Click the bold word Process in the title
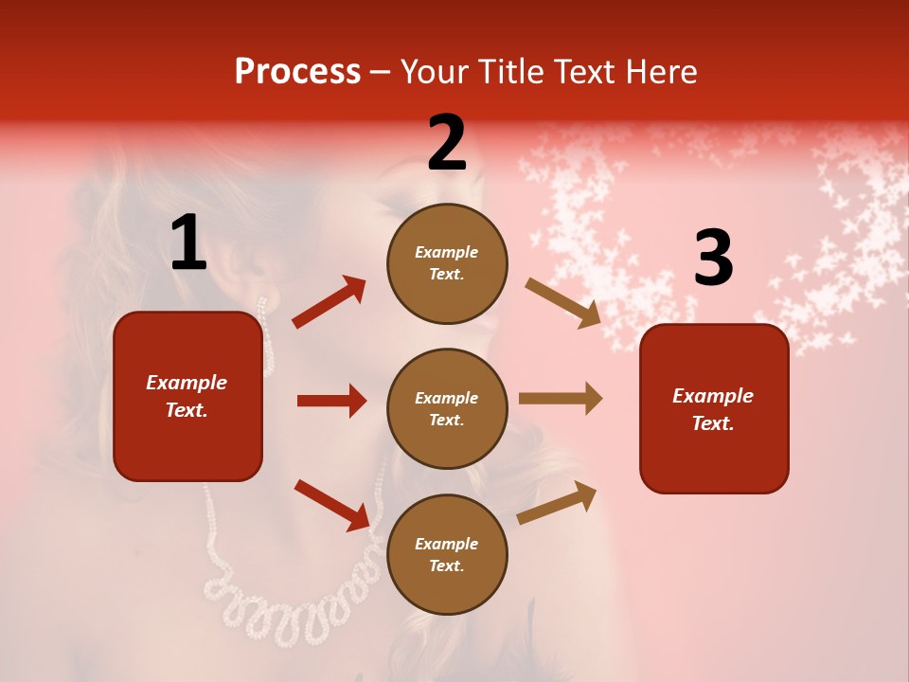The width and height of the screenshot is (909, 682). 297,72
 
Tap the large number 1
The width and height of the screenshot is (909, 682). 188,243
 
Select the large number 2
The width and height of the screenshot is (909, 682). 447,143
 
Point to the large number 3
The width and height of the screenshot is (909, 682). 713,258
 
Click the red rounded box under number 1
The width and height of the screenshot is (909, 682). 187,396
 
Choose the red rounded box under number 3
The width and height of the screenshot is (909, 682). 714,408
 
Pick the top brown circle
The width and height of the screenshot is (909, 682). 447,263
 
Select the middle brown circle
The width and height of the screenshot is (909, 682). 447,408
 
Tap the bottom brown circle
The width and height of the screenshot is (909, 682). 447,554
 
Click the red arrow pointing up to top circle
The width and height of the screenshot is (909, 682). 329,302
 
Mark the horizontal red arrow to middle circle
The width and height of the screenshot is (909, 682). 331,401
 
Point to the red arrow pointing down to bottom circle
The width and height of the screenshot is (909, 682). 331,505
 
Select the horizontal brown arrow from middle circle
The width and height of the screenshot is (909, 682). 561,399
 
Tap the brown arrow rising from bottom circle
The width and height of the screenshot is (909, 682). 557,502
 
